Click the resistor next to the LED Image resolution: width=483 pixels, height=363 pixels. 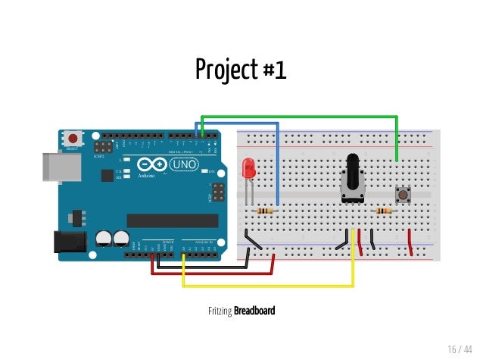(x=264, y=210)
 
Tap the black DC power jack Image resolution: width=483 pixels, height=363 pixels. (x=69, y=241)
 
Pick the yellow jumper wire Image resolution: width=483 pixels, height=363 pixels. (x=265, y=286)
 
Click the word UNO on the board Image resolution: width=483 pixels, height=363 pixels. (x=183, y=164)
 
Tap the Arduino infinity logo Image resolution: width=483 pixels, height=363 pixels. (x=151, y=165)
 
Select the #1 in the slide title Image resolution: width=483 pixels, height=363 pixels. (x=275, y=70)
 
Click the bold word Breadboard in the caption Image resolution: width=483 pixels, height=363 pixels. (x=254, y=311)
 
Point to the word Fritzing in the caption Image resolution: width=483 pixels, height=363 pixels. (x=220, y=311)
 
